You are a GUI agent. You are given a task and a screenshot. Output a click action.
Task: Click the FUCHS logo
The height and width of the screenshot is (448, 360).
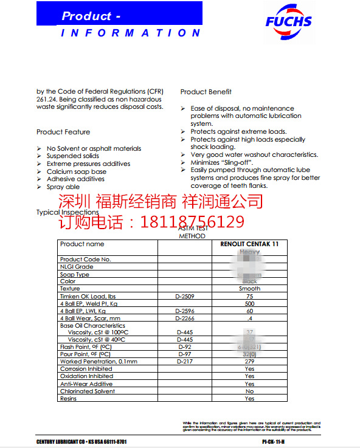288,22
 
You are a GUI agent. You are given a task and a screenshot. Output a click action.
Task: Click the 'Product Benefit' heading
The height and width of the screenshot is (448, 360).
206,92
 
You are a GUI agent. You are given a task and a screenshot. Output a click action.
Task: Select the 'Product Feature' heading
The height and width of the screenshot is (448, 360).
63,132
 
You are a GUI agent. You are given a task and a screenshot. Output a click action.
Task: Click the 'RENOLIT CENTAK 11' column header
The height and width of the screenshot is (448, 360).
249,244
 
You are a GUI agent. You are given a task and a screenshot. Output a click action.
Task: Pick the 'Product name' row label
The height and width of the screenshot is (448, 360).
82,244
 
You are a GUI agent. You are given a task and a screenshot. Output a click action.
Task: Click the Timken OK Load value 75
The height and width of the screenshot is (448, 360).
249,296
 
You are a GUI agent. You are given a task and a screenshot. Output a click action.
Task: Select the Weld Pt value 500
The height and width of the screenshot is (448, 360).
249,303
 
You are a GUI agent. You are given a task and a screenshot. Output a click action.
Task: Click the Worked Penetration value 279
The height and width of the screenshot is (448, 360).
249,362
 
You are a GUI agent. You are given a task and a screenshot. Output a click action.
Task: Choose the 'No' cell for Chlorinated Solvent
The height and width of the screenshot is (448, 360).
249,391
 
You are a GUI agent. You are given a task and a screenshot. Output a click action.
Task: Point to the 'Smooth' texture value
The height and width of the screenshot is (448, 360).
249,289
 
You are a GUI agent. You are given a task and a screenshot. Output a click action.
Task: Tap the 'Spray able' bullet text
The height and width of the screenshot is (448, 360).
63,187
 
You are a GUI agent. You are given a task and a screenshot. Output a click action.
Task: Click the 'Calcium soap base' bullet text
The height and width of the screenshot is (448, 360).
76,171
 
